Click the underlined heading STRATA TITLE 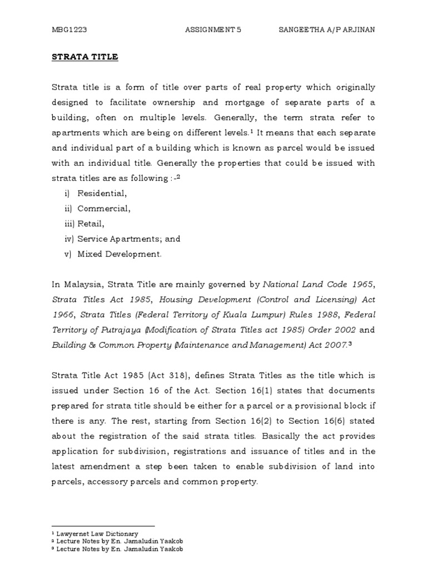[x=85, y=57]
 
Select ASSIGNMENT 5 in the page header [x=213, y=29]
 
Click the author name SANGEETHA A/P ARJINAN [x=326, y=29]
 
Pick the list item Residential [x=102, y=194]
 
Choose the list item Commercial [x=104, y=209]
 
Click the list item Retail [x=91, y=224]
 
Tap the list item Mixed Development [x=120, y=254]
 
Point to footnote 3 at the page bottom [x=117, y=549]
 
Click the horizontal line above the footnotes [x=103, y=526]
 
